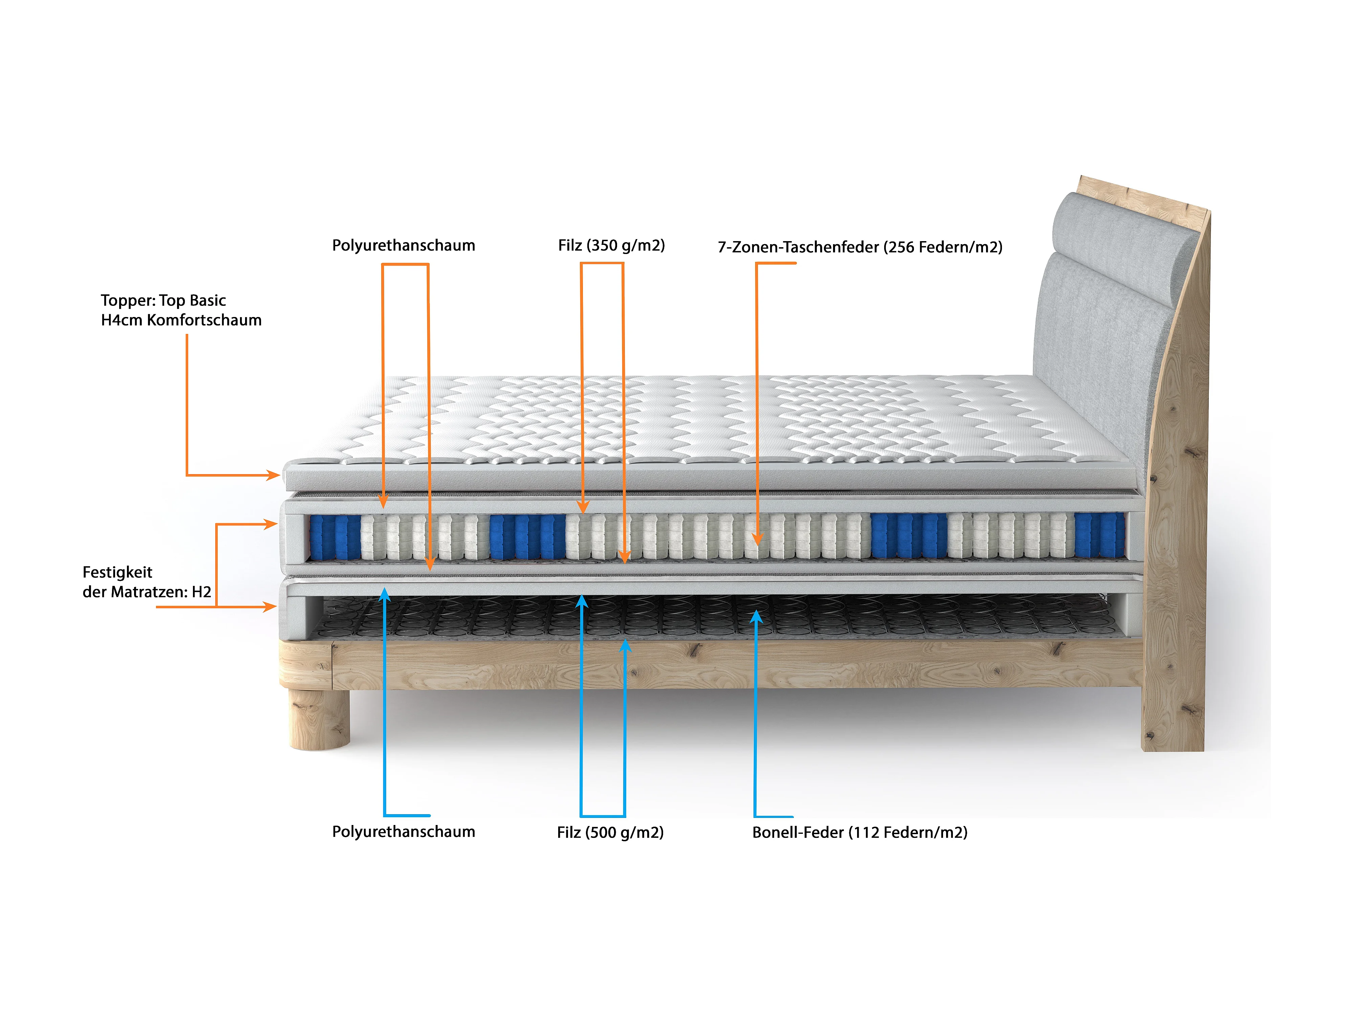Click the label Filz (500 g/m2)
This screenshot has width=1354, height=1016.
610,832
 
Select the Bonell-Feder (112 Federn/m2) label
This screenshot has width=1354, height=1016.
859,832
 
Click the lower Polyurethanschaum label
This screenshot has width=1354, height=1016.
403,832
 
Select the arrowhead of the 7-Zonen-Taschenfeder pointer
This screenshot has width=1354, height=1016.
757,539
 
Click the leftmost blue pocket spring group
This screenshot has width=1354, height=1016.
334,537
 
